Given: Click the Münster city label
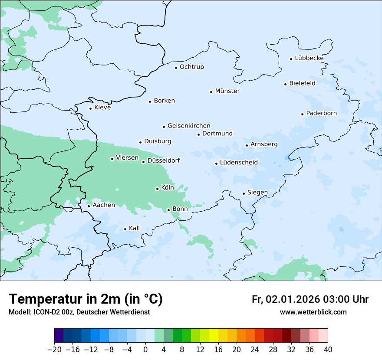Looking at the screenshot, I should pos(227,91).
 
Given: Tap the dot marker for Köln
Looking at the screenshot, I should pos(157,189).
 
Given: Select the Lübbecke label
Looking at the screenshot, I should pos(309,58).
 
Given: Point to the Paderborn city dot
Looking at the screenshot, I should pos(302,114).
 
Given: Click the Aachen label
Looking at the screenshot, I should pos(104,205).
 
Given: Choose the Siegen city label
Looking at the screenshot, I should pos(257,193).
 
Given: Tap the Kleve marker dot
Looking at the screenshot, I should pos(90,108).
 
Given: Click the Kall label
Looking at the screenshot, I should pos(134,228).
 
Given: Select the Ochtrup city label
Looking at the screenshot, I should pos(191,67).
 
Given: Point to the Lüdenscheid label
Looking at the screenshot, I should pos(239,163).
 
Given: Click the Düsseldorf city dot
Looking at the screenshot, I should pos(143,162).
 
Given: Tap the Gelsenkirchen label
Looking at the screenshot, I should pos(189,126).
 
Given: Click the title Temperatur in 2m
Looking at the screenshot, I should pos(86,299).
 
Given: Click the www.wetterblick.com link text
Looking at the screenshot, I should pos(313,312).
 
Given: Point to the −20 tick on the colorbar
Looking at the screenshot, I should pos(54,350).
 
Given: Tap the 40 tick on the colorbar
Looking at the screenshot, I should pos(328,350).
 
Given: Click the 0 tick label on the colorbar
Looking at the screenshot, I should pos(145,350).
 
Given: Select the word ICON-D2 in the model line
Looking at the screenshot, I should pos(45,312).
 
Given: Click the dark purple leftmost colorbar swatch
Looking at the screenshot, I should pos(59,336).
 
